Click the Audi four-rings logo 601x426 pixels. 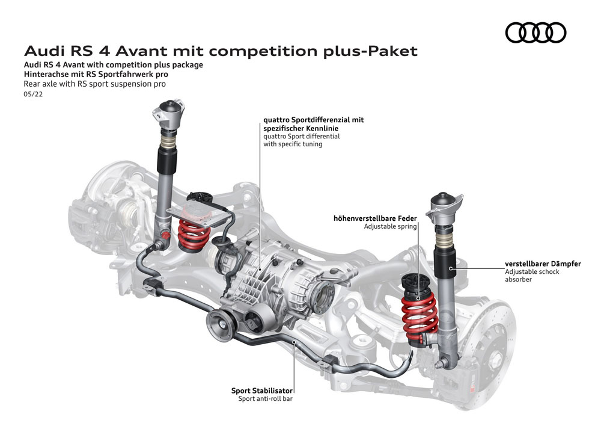[x=535, y=32]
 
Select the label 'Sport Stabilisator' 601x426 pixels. [x=262, y=390]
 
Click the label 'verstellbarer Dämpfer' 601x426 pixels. [x=543, y=264]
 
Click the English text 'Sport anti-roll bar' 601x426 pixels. [x=266, y=399]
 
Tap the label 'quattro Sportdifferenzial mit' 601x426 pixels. [x=313, y=120]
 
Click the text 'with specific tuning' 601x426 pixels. [x=293, y=144]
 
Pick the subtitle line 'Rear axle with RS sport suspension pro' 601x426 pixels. [x=94, y=84]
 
